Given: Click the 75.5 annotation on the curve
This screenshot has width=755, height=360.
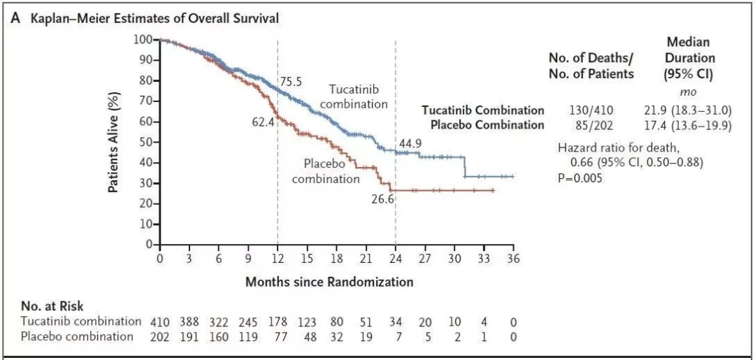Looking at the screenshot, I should click(291, 82).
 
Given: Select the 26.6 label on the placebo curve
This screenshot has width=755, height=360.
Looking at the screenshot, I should click(382, 200).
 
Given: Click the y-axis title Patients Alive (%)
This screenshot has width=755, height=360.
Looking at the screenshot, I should click(113, 142).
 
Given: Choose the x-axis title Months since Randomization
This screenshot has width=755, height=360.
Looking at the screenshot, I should click(329, 282).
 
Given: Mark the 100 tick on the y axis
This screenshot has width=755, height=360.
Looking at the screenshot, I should click(143, 38).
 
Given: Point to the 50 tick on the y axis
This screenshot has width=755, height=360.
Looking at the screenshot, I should click(145, 142).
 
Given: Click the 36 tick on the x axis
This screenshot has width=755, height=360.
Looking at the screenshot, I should click(514, 259).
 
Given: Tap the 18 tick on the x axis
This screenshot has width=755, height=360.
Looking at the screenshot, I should click(337, 259).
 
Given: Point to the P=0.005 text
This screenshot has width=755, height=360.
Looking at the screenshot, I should click(580, 178).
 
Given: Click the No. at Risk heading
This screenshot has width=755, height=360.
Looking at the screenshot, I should click(52, 305).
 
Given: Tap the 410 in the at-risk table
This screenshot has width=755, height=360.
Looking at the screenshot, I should click(160, 322).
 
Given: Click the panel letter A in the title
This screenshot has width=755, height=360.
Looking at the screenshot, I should click(15, 19).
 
